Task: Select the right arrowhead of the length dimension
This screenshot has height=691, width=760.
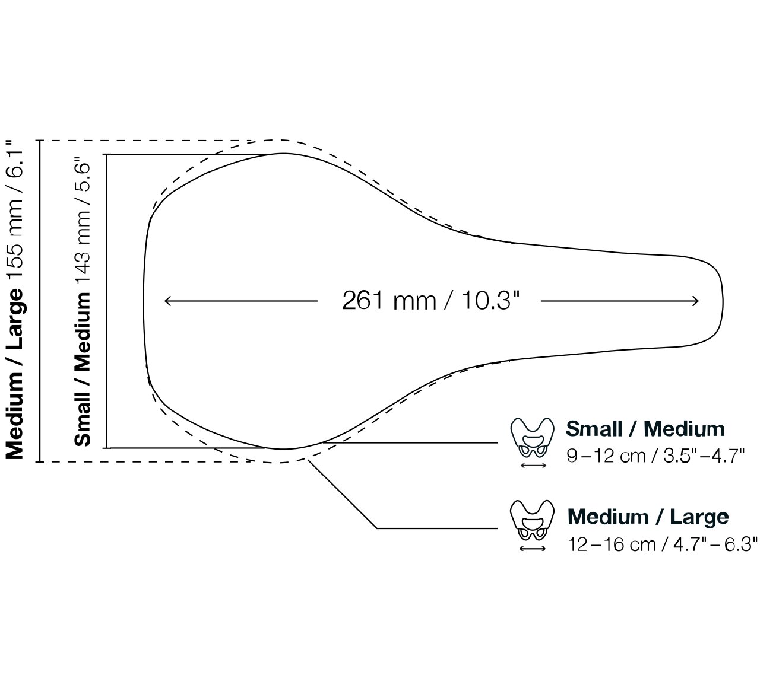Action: pyautogui.click(x=695, y=301)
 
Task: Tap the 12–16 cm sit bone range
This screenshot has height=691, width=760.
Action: pyautogui.click(x=612, y=544)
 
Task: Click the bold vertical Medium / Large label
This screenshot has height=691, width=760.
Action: pyautogui.click(x=15, y=374)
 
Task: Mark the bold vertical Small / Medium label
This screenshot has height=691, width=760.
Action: pyautogui.click(x=83, y=370)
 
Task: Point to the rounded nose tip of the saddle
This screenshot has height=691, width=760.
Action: pyautogui.click(x=723, y=302)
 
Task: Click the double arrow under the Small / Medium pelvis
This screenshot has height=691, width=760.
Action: pyautogui.click(x=533, y=466)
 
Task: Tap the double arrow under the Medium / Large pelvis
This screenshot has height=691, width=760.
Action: pyautogui.click(x=533, y=549)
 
